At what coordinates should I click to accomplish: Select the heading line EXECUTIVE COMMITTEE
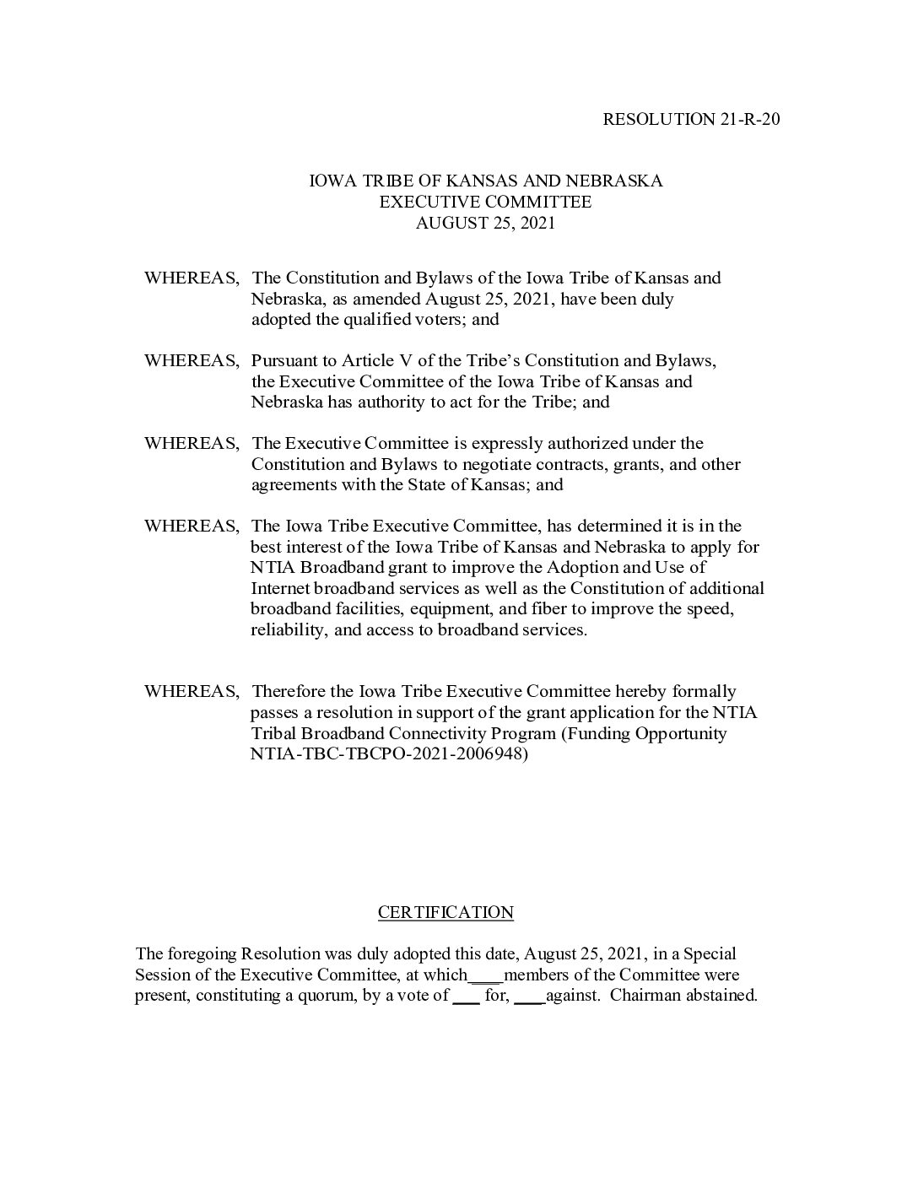click(x=485, y=202)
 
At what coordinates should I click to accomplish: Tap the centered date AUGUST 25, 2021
click(x=485, y=223)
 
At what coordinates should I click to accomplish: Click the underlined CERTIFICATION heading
click(x=445, y=912)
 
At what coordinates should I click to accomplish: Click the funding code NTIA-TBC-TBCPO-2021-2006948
click(x=389, y=754)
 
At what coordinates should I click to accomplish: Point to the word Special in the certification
click(x=710, y=954)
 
